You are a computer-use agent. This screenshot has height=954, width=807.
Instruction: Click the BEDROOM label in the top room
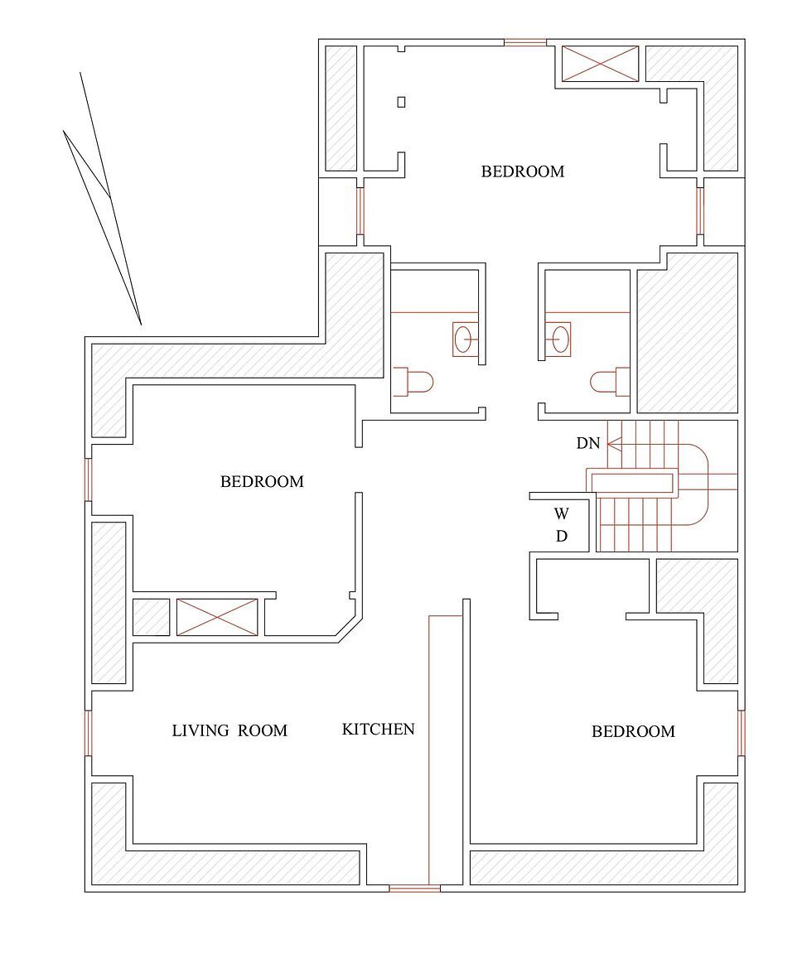(522, 171)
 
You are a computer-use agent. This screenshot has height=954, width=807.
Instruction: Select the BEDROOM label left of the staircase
(262, 481)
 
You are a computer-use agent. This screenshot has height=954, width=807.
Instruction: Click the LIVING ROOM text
(230, 730)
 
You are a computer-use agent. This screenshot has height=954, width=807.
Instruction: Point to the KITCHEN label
(378, 730)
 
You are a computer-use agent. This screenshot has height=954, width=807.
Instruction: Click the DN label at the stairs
(587, 443)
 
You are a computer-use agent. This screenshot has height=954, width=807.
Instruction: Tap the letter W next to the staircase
(561, 513)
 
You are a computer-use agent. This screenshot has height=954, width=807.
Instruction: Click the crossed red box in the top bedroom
(601, 64)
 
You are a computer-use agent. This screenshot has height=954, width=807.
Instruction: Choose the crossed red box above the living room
(217, 617)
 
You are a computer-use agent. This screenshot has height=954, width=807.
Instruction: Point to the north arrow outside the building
(104, 199)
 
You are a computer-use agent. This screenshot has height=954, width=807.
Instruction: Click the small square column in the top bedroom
(402, 102)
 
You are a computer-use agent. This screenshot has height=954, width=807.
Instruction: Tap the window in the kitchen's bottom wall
(414, 889)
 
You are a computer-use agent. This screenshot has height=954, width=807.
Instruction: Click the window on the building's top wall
(525, 41)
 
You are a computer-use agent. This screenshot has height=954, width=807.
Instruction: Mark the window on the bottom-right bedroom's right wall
(741, 733)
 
